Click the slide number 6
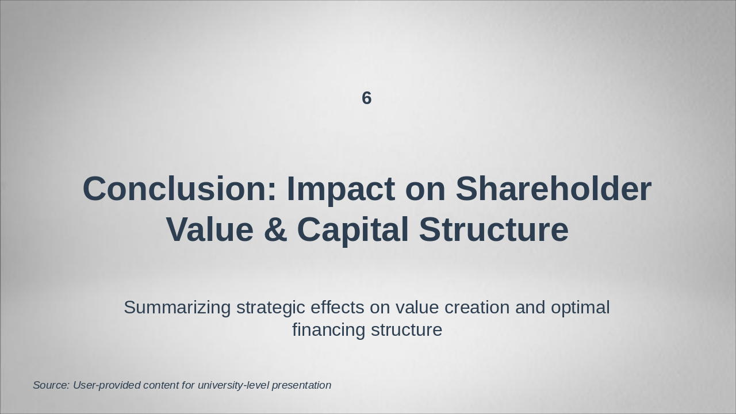click(x=367, y=98)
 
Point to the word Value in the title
click(x=210, y=229)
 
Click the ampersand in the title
click(x=275, y=229)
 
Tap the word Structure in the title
click(x=493, y=229)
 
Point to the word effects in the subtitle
click(x=337, y=308)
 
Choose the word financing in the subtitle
click(x=328, y=330)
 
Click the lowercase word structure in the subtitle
click(x=407, y=331)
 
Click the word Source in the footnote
click(x=51, y=385)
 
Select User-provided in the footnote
click(x=107, y=385)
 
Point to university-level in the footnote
click(x=233, y=386)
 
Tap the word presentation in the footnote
click(x=302, y=386)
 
